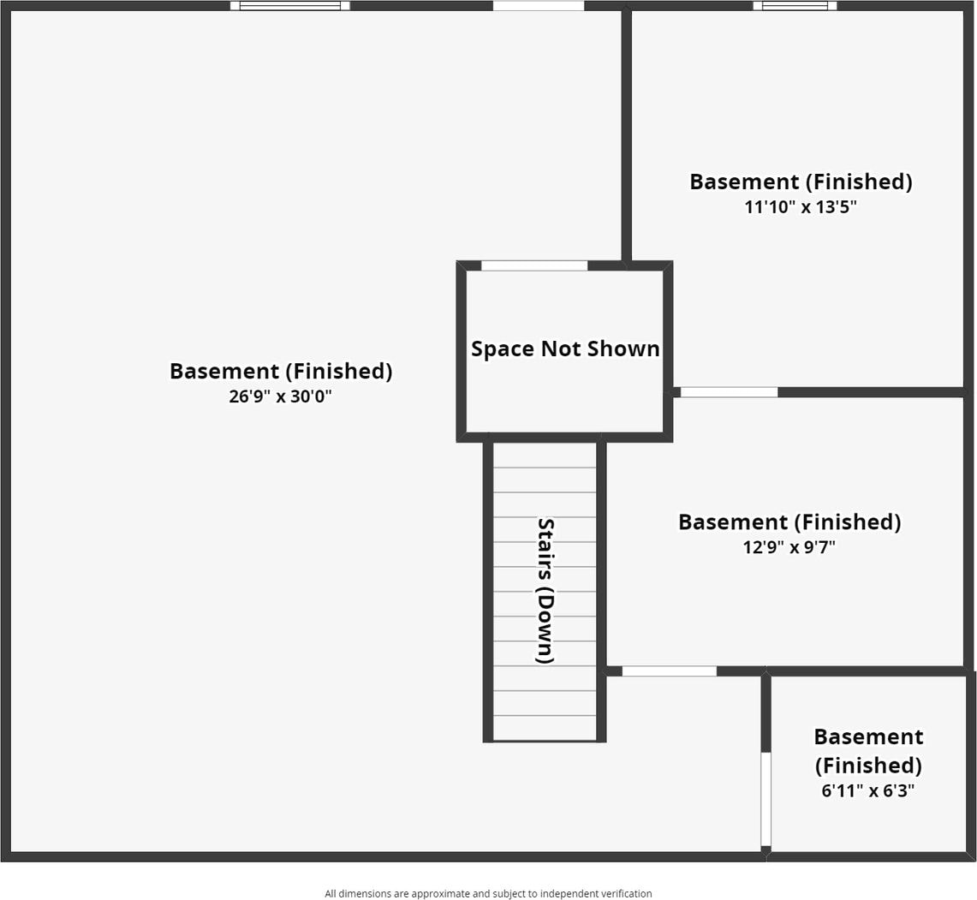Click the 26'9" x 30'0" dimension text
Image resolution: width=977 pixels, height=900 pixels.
(x=280, y=396)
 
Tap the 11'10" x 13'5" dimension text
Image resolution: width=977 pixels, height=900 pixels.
(x=801, y=206)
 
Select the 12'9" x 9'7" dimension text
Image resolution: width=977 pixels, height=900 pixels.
(x=789, y=546)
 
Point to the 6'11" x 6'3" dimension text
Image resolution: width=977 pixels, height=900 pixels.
(x=868, y=790)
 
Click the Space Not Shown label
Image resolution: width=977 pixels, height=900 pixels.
(x=565, y=349)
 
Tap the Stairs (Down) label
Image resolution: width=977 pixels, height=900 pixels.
(x=545, y=591)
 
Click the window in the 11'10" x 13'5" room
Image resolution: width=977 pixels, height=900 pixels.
(x=795, y=6)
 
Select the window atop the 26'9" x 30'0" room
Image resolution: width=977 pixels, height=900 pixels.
(x=289, y=6)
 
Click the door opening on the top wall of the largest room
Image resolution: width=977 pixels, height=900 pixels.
(x=538, y=6)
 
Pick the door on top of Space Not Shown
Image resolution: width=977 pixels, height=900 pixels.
(x=534, y=265)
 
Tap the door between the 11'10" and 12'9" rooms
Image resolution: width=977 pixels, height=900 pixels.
(x=729, y=392)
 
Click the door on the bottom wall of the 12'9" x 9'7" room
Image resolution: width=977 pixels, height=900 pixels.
(x=669, y=671)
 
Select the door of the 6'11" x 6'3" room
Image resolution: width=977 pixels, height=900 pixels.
(x=766, y=799)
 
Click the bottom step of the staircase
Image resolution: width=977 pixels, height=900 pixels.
(x=545, y=728)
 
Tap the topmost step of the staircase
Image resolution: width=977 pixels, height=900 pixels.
(x=545, y=455)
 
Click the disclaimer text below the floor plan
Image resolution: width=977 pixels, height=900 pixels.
(x=488, y=893)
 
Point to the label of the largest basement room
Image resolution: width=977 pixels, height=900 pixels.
(x=280, y=371)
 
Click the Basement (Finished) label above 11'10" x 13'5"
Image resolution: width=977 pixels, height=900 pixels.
(x=801, y=182)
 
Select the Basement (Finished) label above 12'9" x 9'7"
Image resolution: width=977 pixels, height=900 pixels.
(x=789, y=522)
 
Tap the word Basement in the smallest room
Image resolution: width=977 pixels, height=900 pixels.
(x=868, y=736)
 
